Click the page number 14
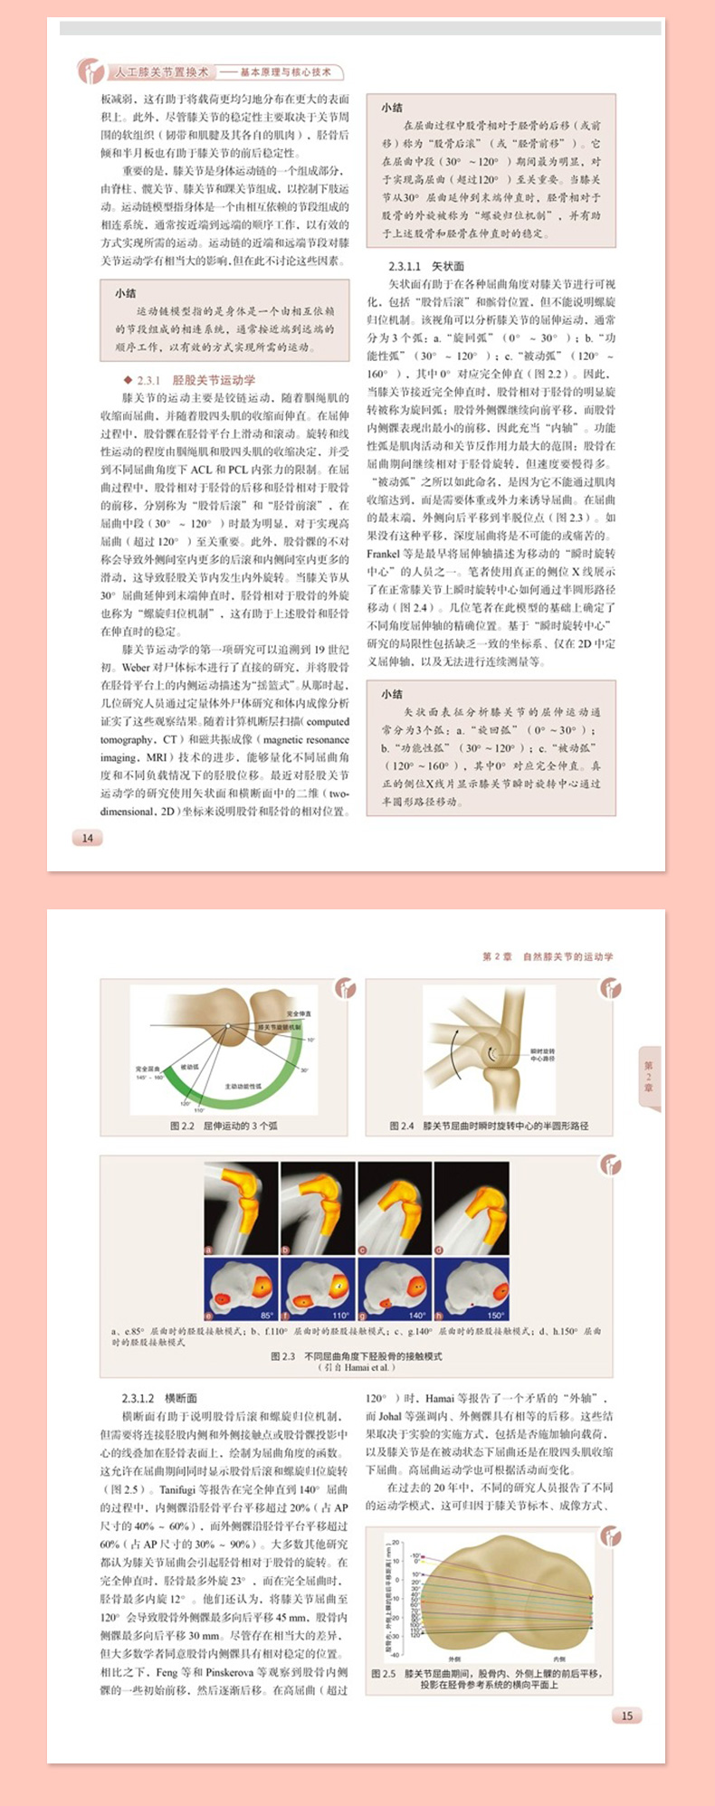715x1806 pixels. (88, 838)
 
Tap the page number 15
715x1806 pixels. (626, 1716)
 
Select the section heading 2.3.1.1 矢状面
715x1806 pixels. (426, 266)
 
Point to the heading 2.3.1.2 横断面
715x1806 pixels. (159, 1398)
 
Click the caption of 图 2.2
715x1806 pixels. (224, 1126)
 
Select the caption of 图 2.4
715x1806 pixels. (489, 1126)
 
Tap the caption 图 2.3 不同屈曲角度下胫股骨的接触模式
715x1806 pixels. (356, 1356)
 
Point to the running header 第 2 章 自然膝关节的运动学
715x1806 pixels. (548, 956)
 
